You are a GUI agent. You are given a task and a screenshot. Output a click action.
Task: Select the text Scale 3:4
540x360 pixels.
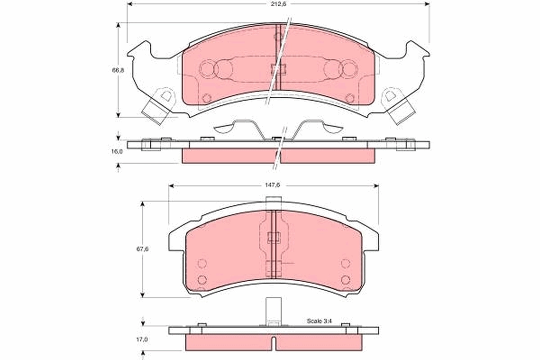[319, 321]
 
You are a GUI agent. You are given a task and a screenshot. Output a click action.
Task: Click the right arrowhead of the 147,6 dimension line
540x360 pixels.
[375, 185]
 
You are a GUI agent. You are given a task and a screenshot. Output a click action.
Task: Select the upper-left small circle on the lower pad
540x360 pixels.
[202, 263]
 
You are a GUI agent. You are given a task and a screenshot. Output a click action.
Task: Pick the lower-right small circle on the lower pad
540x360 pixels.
[346, 280]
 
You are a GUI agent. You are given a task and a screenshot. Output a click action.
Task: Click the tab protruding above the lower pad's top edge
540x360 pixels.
[273, 203]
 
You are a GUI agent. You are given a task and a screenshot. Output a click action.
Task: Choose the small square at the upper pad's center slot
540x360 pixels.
[278, 69]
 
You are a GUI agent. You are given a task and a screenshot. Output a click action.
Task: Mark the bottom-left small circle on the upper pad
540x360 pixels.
[207, 98]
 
